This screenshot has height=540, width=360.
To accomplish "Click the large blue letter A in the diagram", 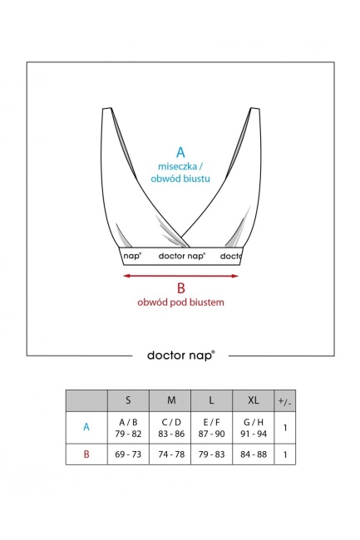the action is point(180,152).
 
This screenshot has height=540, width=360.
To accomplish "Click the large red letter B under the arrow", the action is point(181,288).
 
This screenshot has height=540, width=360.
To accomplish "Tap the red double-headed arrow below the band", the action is point(181,276).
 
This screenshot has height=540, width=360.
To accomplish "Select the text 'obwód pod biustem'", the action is point(181,302).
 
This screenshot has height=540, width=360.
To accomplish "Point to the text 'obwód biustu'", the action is point(180,179).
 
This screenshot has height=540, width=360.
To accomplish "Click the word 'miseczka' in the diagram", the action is point(177,166).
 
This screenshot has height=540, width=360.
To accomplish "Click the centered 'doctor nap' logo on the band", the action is point(182,256).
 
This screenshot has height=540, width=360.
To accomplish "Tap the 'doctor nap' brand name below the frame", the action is point(181,355).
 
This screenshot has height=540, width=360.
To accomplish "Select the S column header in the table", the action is point(128,400).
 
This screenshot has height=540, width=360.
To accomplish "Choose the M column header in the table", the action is point(171,400).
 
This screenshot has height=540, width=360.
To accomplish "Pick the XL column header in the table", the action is point(254,400).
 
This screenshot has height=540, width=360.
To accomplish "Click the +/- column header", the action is point(285,401).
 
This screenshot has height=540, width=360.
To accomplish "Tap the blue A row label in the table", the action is point(86,427).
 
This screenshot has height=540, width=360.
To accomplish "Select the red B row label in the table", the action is point(86,454).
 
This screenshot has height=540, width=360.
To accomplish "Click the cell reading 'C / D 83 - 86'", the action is point(171,428).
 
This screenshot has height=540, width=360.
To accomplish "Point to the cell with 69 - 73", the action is point(128,454).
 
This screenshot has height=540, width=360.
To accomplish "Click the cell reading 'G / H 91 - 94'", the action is point(254,428).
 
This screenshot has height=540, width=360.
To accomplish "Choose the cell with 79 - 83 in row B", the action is point(211,454).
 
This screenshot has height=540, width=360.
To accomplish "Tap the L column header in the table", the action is point(211,400).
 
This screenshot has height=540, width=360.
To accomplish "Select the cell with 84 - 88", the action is point(254,454).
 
